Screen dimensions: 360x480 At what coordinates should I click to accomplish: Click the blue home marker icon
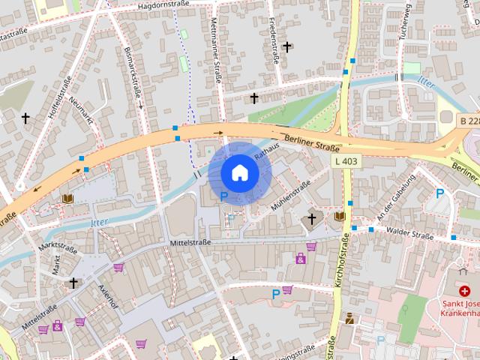coord(239,173)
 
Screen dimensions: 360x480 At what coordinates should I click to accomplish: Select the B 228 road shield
coord(469,121)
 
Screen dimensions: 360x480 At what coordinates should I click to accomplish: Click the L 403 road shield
coord(346,160)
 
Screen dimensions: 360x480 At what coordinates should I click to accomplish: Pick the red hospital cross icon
coord(464,291)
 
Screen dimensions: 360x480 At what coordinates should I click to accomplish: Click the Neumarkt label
coord(83,110)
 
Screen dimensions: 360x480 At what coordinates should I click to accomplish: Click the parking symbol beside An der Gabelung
coord(440,193)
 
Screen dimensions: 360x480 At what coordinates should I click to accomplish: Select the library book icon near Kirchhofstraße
coord(340,216)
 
